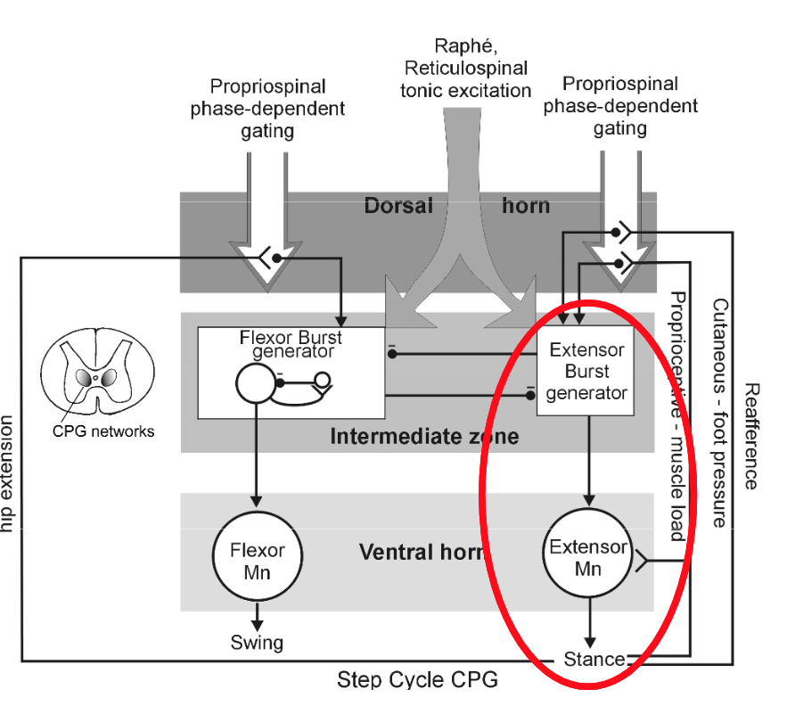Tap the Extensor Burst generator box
coord(586,371)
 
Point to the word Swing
coord(257,642)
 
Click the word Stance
coord(594,660)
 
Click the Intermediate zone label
coord(424,437)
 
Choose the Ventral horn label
coord(421,552)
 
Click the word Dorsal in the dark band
coord(397,205)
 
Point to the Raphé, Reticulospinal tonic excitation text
coord(465,68)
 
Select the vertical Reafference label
coord(751,436)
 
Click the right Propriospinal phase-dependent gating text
coord(620,106)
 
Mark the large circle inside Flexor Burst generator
coord(256,383)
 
